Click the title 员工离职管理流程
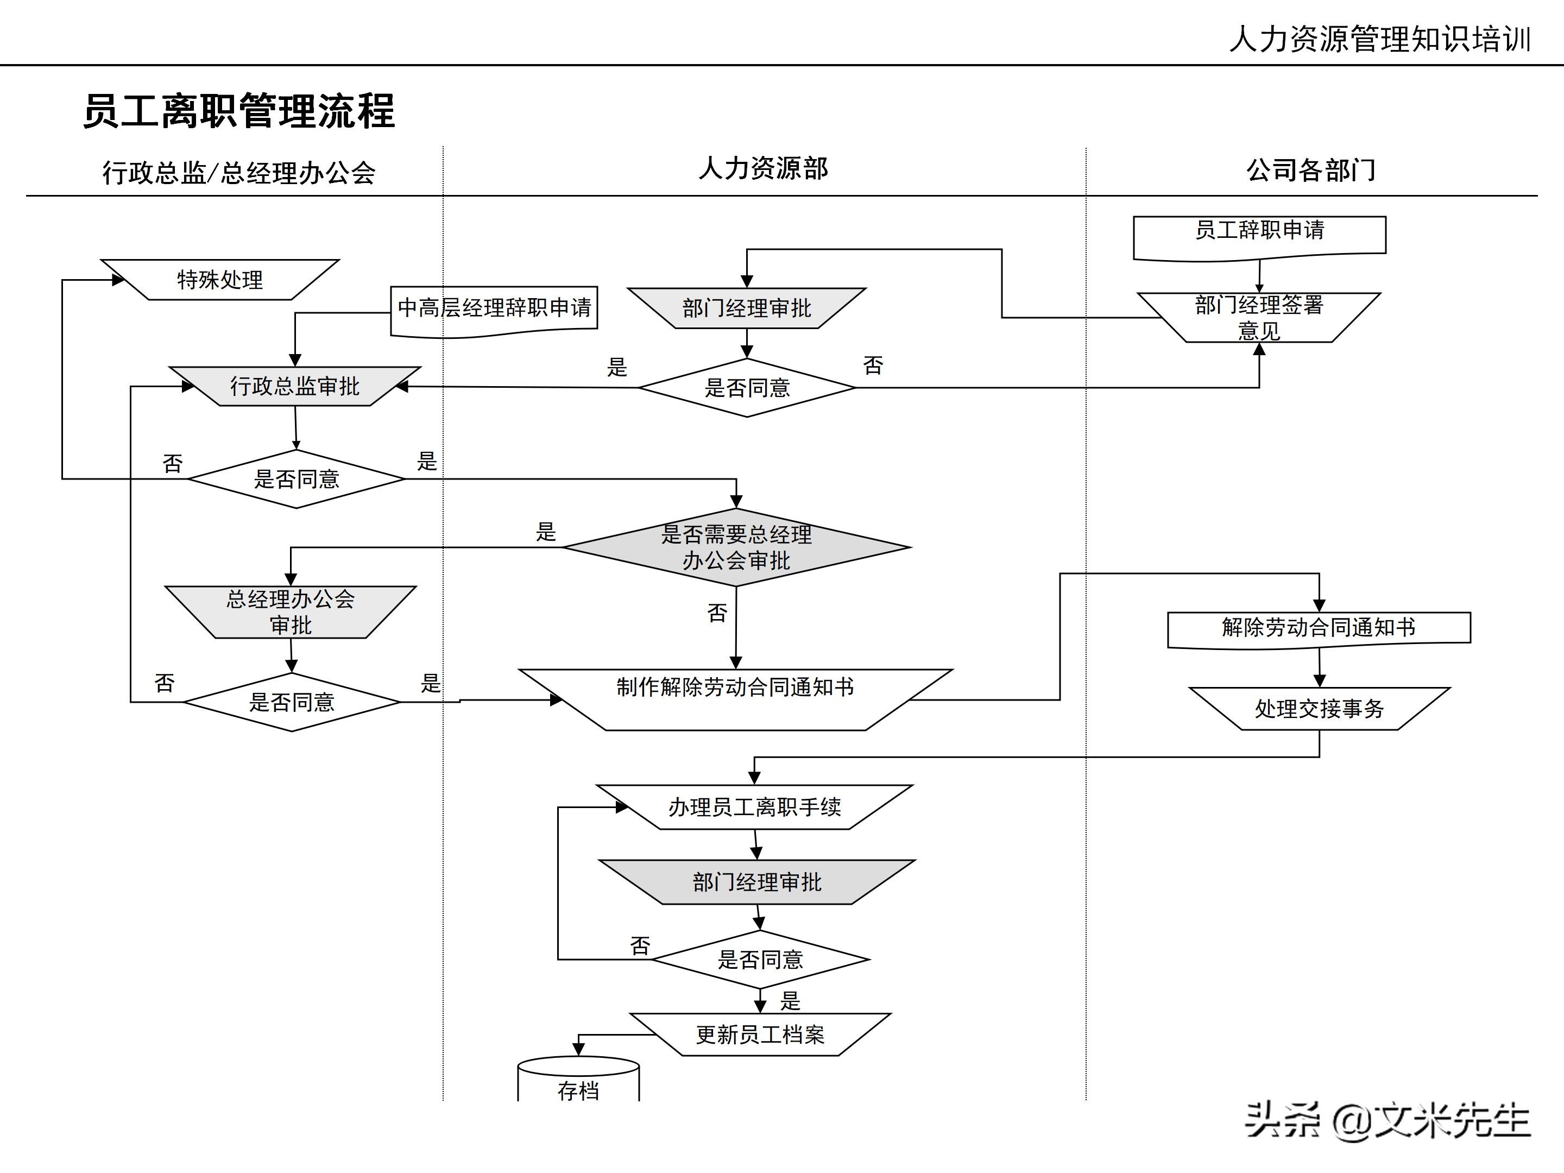click(239, 111)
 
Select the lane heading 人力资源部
click(763, 168)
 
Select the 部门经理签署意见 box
click(1259, 318)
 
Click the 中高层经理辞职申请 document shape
click(494, 309)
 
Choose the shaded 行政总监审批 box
click(295, 386)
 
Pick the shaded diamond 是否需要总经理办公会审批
click(736, 547)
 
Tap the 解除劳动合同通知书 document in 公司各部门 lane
click(1319, 628)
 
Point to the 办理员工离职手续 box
click(754, 807)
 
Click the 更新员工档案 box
click(760, 1035)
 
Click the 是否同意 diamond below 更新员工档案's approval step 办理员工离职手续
click(760, 960)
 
